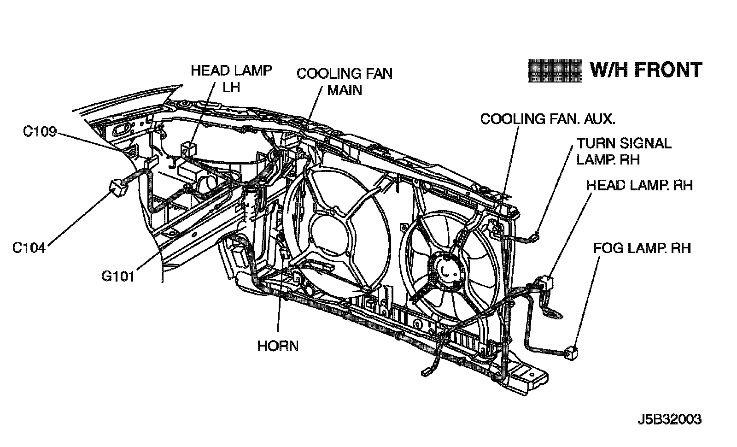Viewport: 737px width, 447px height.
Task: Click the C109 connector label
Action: [x=40, y=132]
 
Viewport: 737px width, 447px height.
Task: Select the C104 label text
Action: [x=29, y=248]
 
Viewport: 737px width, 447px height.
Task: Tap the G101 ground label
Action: [x=118, y=276]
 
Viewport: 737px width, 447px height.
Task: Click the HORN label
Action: [x=278, y=346]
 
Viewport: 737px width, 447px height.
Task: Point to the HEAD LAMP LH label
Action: [x=231, y=78]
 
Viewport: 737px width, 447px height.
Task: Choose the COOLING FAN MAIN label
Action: [x=345, y=82]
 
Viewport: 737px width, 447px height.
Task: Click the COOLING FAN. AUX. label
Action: [x=548, y=119]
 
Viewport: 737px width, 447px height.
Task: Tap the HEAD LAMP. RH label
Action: [x=639, y=185]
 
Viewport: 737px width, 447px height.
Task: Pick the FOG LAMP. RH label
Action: [x=642, y=248]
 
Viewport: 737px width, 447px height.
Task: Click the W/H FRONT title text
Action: [x=646, y=71]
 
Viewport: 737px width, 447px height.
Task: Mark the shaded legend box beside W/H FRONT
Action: [x=555, y=71]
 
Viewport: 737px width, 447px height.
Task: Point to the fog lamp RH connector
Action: [x=571, y=353]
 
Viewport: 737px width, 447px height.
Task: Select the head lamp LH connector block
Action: [x=187, y=148]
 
